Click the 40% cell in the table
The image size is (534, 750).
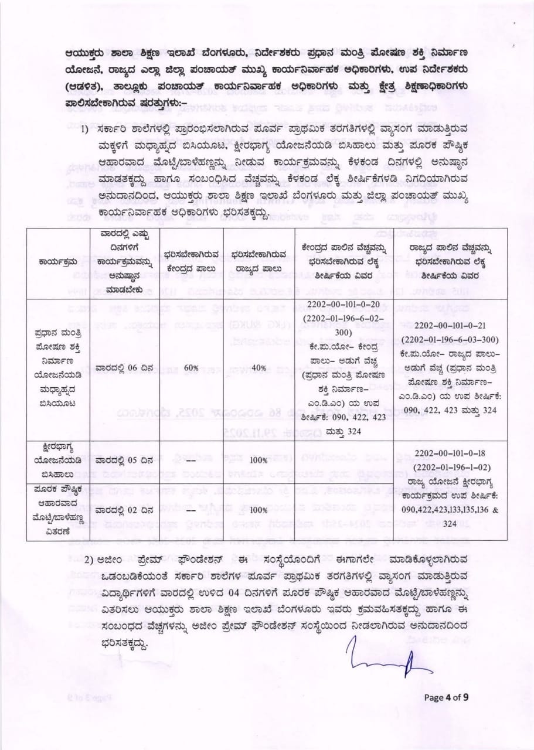[x=258, y=367]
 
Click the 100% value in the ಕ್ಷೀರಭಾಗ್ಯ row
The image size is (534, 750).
[x=258, y=461]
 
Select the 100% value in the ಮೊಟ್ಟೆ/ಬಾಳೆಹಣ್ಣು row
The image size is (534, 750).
[x=258, y=510]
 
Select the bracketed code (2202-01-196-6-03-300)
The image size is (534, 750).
[x=455, y=340]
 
